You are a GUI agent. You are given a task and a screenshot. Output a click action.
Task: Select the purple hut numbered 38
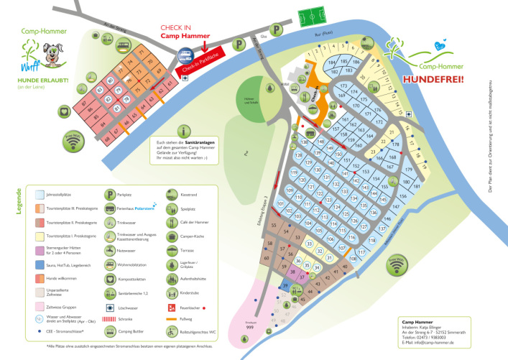(292, 272)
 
